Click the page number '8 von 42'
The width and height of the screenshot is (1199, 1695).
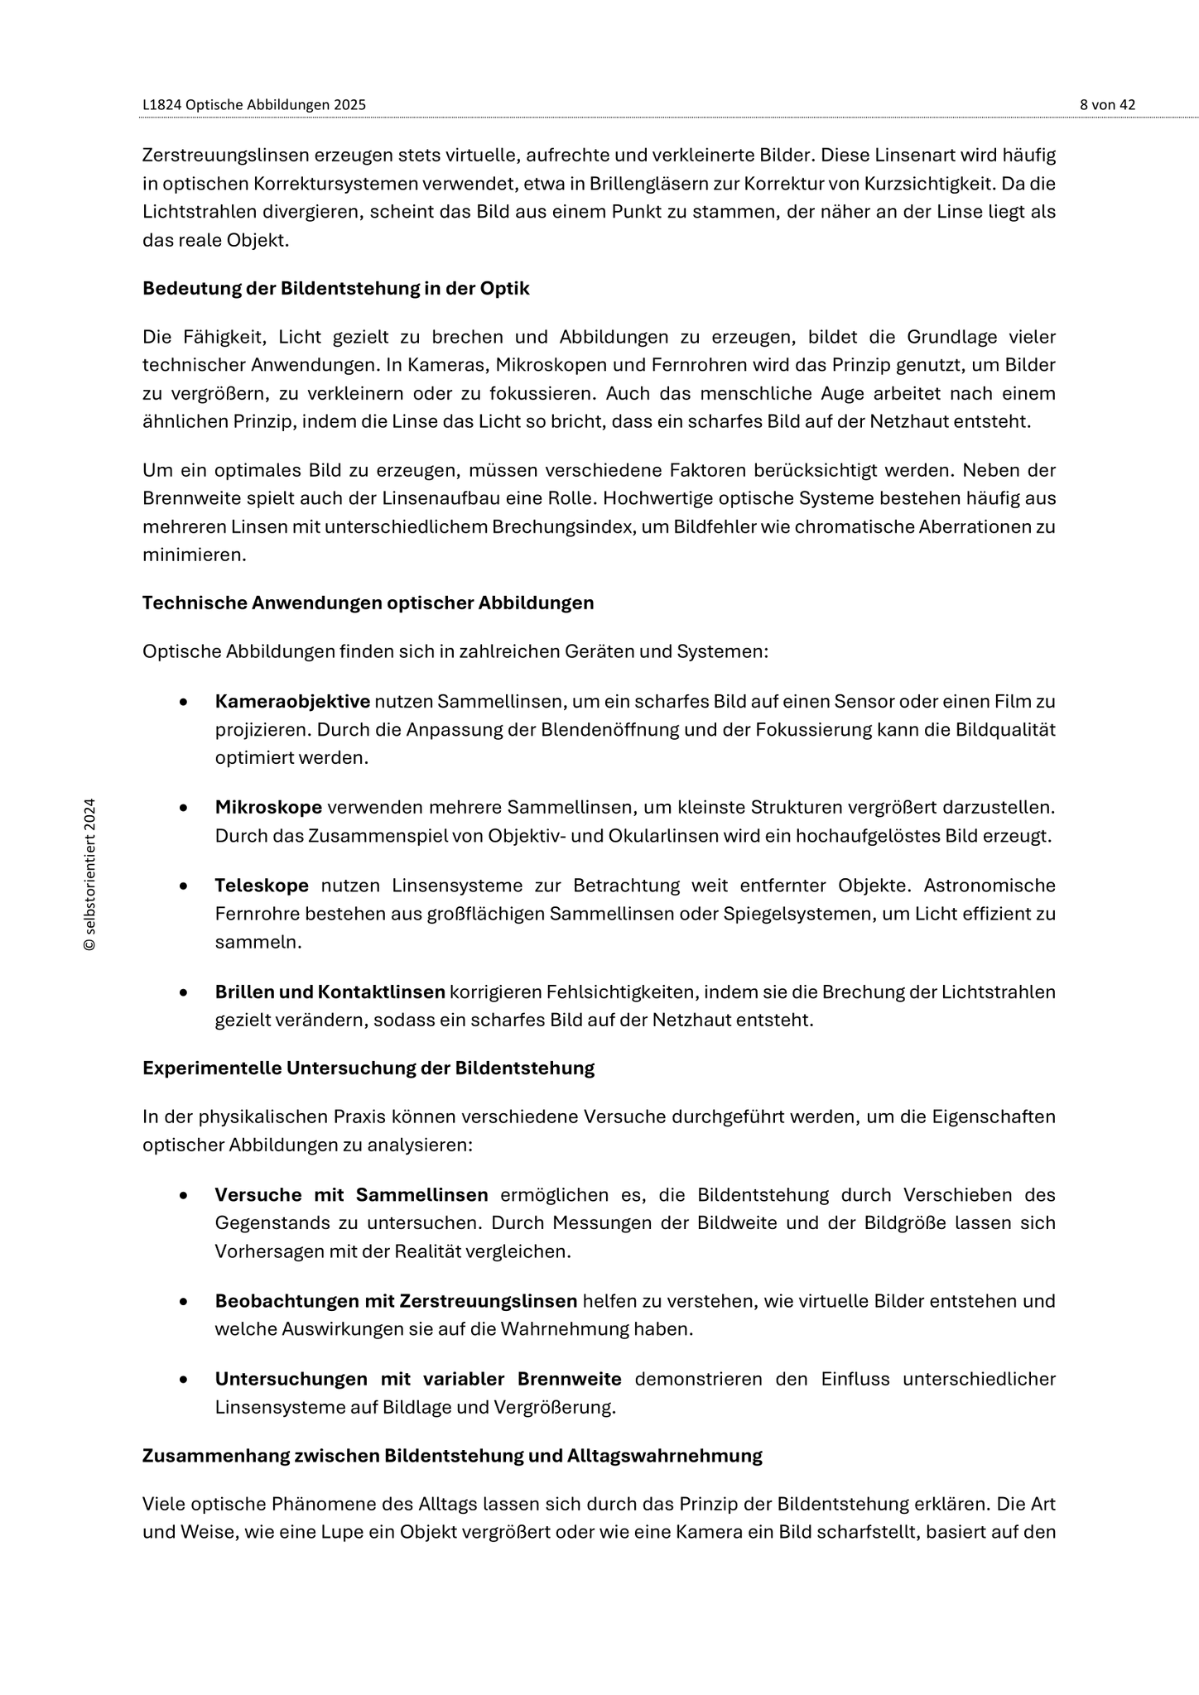[x=1107, y=105]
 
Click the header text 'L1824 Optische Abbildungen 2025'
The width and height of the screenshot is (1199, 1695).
[x=254, y=105]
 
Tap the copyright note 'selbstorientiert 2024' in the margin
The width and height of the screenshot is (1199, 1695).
[x=90, y=874]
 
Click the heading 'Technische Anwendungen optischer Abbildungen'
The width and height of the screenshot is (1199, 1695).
[x=368, y=603]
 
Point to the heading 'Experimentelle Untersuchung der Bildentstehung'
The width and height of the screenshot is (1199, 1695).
[x=368, y=1068]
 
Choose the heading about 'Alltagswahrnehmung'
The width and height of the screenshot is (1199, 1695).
[x=452, y=1455]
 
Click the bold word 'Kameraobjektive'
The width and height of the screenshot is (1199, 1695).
[x=292, y=702]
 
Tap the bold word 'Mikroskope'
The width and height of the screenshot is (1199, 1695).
[x=268, y=807]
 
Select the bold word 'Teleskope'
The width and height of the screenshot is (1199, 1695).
[x=262, y=886]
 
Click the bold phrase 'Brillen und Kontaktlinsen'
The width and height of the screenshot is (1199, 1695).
[x=330, y=992]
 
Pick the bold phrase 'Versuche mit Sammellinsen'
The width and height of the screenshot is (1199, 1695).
[x=351, y=1195]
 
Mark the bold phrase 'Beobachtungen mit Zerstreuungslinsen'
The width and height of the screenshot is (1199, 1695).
[x=396, y=1301]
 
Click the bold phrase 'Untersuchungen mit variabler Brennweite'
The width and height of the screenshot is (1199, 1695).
[x=418, y=1379]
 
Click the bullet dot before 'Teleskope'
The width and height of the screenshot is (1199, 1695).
[x=182, y=886]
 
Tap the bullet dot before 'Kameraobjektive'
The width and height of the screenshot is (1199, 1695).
[x=182, y=703]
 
